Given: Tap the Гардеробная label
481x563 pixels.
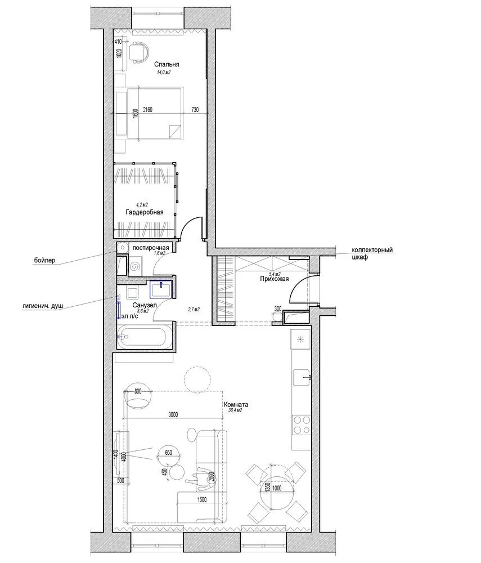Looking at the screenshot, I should coord(145,212).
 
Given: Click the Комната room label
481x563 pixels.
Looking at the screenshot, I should coord(236,404).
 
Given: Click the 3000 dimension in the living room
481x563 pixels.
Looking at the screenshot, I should coord(173,415).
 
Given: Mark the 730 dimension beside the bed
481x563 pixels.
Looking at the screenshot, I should coord(195,110).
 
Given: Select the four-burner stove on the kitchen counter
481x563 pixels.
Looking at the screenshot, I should coord(300,425).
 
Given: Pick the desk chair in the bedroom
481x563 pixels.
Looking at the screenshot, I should coord(138,51).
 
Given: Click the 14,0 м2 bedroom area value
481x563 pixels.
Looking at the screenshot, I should coord(164,73).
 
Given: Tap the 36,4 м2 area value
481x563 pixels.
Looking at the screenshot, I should coord(235,411).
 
